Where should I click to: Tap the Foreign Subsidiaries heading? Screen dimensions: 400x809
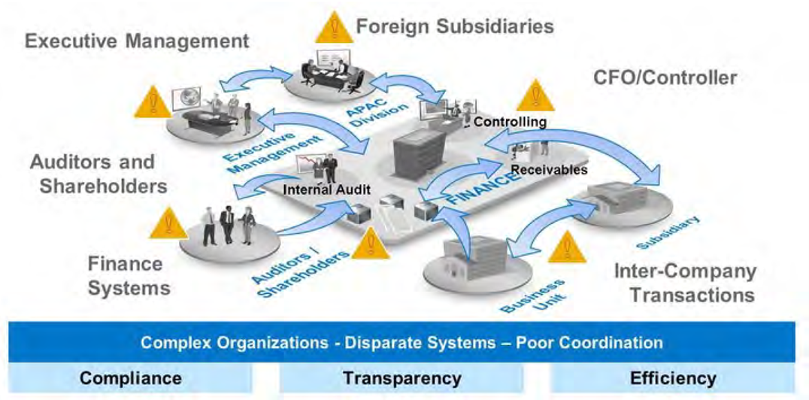pyautogui.click(x=455, y=26)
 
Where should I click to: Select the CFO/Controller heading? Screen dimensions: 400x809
pyautogui.click(x=665, y=77)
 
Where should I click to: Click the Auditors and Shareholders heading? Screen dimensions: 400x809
pyautogui.click(x=93, y=173)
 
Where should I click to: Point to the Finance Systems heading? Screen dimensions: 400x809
pyautogui.click(x=125, y=275)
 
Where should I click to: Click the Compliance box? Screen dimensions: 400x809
pyautogui.click(x=131, y=377)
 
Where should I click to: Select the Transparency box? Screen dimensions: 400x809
pyautogui.click(x=401, y=377)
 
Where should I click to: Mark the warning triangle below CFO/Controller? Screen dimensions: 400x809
pyautogui.click(x=535, y=95)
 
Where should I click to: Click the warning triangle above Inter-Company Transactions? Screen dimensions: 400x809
pyautogui.click(x=566, y=246)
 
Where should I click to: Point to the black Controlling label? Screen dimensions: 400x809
pyautogui.click(x=510, y=120)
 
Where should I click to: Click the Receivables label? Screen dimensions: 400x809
pyautogui.click(x=549, y=170)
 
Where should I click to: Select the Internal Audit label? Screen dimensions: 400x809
pyautogui.click(x=326, y=189)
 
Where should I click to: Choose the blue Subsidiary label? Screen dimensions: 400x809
pyautogui.click(x=668, y=232)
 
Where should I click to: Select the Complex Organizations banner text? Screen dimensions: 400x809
pyautogui.click(x=401, y=343)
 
